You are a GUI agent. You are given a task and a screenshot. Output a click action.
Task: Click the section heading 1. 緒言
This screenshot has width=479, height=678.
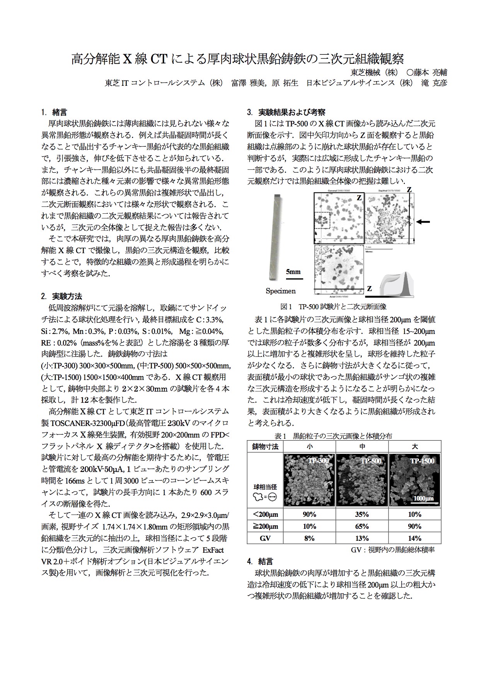pyautogui.click(x=54, y=112)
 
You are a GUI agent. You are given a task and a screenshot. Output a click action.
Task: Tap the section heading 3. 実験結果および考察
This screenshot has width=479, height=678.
pyautogui.click(x=286, y=112)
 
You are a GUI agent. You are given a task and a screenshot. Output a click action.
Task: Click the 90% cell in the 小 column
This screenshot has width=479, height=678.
pyautogui.click(x=309, y=514)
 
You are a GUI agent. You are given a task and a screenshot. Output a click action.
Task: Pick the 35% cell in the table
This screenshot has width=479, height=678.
pyautogui.click(x=362, y=514)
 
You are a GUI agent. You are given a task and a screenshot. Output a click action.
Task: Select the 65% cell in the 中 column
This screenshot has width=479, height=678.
pyautogui.click(x=362, y=526)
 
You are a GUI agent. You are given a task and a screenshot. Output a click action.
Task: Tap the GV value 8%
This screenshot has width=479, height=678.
pyautogui.click(x=309, y=538)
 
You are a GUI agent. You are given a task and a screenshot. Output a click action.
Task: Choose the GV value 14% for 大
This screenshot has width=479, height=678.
pyautogui.click(x=414, y=538)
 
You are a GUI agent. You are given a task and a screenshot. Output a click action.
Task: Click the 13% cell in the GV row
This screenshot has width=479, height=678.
pyautogui.click(x=362, y=538)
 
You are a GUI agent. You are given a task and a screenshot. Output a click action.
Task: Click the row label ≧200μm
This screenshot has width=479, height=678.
pyautogui.click(x=265, y=526)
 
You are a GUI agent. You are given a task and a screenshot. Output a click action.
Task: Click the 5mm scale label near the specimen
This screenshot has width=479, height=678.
pyautogui.click(x=293, y=272)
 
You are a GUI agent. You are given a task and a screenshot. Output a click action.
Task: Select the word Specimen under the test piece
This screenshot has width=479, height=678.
pyautogui.click(x=280, y=291)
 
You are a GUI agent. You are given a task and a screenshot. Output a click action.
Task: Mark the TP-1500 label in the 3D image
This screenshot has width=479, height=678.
pyautogui.click(x=422, y=461)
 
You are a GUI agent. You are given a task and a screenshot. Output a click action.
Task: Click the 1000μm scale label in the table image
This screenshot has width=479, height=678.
pyautogui.click(x=424, y=498)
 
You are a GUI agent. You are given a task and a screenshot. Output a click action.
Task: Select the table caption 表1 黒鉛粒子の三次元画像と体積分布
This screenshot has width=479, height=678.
pyautogui.click(x=333, y=436)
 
